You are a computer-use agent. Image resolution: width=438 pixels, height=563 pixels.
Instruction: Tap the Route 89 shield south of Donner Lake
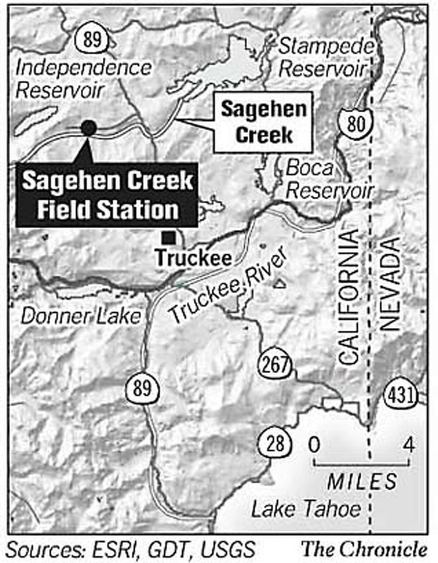pos(142,388)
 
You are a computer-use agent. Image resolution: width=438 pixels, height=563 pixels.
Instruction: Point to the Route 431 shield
pos(400,395)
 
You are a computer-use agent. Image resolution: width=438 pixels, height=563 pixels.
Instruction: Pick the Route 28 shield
pos(275,444)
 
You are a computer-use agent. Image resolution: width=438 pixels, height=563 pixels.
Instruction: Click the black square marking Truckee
pos(169,238)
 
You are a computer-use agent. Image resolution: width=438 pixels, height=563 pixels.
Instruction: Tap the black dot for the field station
pos(88,128)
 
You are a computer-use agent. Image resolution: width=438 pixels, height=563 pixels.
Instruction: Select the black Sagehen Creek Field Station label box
pos(107,195)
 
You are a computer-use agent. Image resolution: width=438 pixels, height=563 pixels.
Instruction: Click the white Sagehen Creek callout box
pos(264,122)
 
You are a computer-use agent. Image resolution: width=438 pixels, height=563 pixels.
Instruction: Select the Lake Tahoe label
pos(306,509)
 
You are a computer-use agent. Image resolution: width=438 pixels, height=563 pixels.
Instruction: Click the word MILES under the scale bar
pos(361,481)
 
